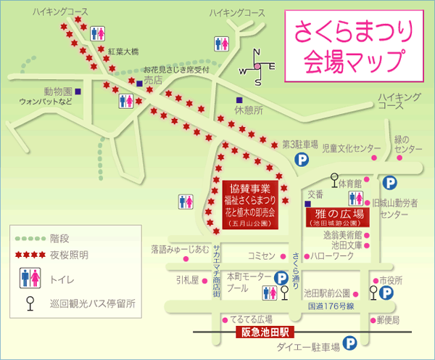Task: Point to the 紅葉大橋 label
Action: tap(123, 52)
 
